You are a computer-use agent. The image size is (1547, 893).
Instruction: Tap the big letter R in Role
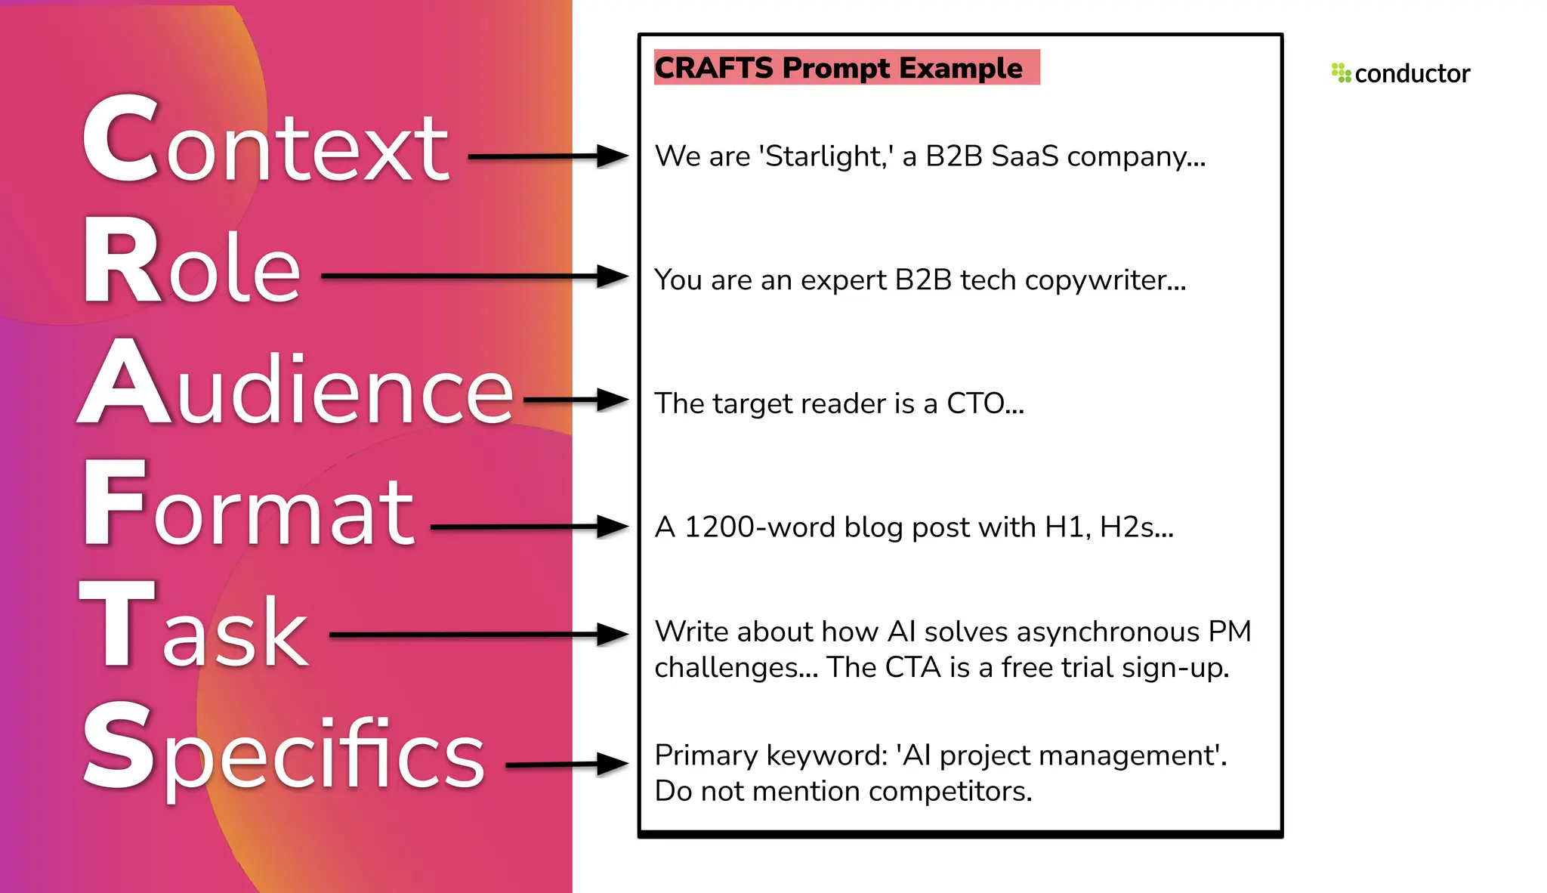point(121,261)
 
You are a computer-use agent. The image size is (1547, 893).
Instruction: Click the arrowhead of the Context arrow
point(612,156)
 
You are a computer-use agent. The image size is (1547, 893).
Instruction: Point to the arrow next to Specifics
point(567,765)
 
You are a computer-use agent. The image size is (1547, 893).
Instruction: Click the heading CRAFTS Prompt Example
point(838,68)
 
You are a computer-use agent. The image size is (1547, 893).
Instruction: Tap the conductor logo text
point(1412,74)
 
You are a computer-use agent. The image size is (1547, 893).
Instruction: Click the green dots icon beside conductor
point(1341,73)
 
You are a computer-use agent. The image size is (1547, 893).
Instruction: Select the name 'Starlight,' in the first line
point(826,156)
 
